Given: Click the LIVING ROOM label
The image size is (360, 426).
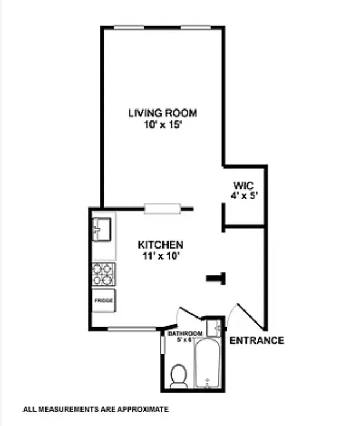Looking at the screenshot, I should click(162, 113).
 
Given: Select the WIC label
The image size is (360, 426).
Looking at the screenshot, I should click(242, 185).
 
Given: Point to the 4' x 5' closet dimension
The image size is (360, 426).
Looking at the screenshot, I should click(242, 194).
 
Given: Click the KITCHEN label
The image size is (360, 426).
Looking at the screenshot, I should click(160, 245).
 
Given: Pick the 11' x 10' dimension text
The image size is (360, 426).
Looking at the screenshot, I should click(160, 255).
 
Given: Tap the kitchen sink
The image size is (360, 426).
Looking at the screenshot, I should click(102, 228).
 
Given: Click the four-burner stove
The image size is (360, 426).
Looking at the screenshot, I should click(103, 274).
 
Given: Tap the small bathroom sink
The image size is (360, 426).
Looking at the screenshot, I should click(217, 328).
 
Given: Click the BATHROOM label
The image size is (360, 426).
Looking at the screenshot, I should click(185, 333).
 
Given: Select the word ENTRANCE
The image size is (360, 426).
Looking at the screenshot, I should click(257, 341).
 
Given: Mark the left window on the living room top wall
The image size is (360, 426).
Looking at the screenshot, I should click(129, 27).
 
